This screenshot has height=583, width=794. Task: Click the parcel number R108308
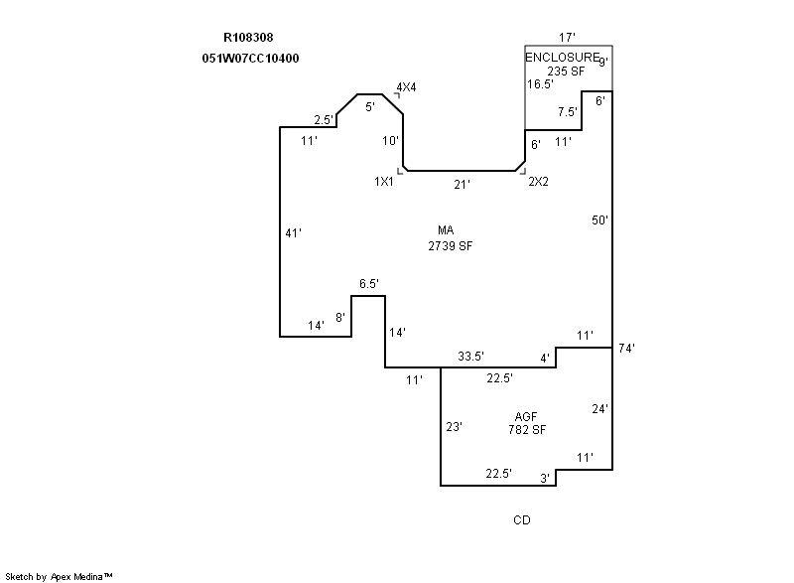click(x=248, y=39)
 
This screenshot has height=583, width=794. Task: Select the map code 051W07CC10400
click(x=250, y=59)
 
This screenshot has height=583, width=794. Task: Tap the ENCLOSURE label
click(x=563, y=58)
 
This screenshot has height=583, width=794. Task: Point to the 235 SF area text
click(x=566, y=71)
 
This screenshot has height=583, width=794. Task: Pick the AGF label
click(x=527, y=416)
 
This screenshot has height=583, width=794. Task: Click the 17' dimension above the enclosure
click(x=567, y=36)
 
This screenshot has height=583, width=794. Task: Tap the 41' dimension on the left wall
click(x=293, y=233)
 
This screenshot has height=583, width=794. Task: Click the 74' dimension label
click(x=625, y=349)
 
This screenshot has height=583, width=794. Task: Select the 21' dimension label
click(x=462, y=184)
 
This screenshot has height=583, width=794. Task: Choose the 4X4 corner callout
click(x=406, y=87)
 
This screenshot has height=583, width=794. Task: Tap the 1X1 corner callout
click(x=384, y=182)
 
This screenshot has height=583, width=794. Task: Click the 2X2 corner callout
click(x=538, y=182)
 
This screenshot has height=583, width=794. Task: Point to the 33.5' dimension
click(x=470, y=356)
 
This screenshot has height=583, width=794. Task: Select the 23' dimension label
click(x=454, y=427)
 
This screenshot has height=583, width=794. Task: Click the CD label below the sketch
click(x=521, y=520)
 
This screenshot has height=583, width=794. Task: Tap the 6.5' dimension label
click(x=369, y=284)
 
